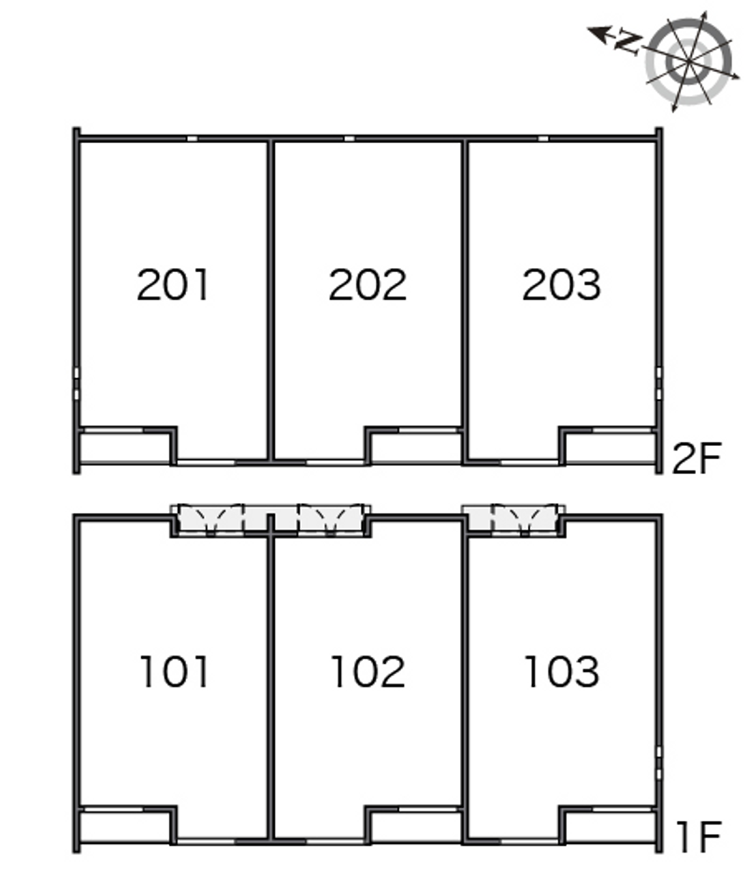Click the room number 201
pyautogui.click(x=173, y=284)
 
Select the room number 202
pyautogui.click(x=367, y=284)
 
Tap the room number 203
pyautogui.click(x=561, y=284)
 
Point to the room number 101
pyautogui.click(x=174, y=671)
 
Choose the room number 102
pyautogui.click(x=367, y=671)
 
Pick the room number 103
pyautogui.click(x=562, y=671)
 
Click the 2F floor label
pyautogui.click(x=697, y=458)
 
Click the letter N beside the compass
pyautogui.click(x=627, y=42)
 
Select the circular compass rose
pyautogui.click(x=689, y=61)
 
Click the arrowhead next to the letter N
pyautogui.click(x=598, y=34)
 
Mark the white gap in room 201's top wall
pyautogui.click(x=192, y=138)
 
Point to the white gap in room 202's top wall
pyautogui.click(x=349, y=138)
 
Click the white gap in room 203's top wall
pyautogui.click(x=542, y=138)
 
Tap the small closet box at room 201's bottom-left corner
pyautogui.click(x=124, y=448)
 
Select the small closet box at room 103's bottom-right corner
pyautogui.click(x=611, y=827)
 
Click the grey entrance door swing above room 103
pyautogui.click(x=525, y=520)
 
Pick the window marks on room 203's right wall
pyautogui.click(x=659, y=383)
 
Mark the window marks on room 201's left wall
pyautogui.click(x=77, y=383)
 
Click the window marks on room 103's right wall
pyautogui.click(x=659, y=763)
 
